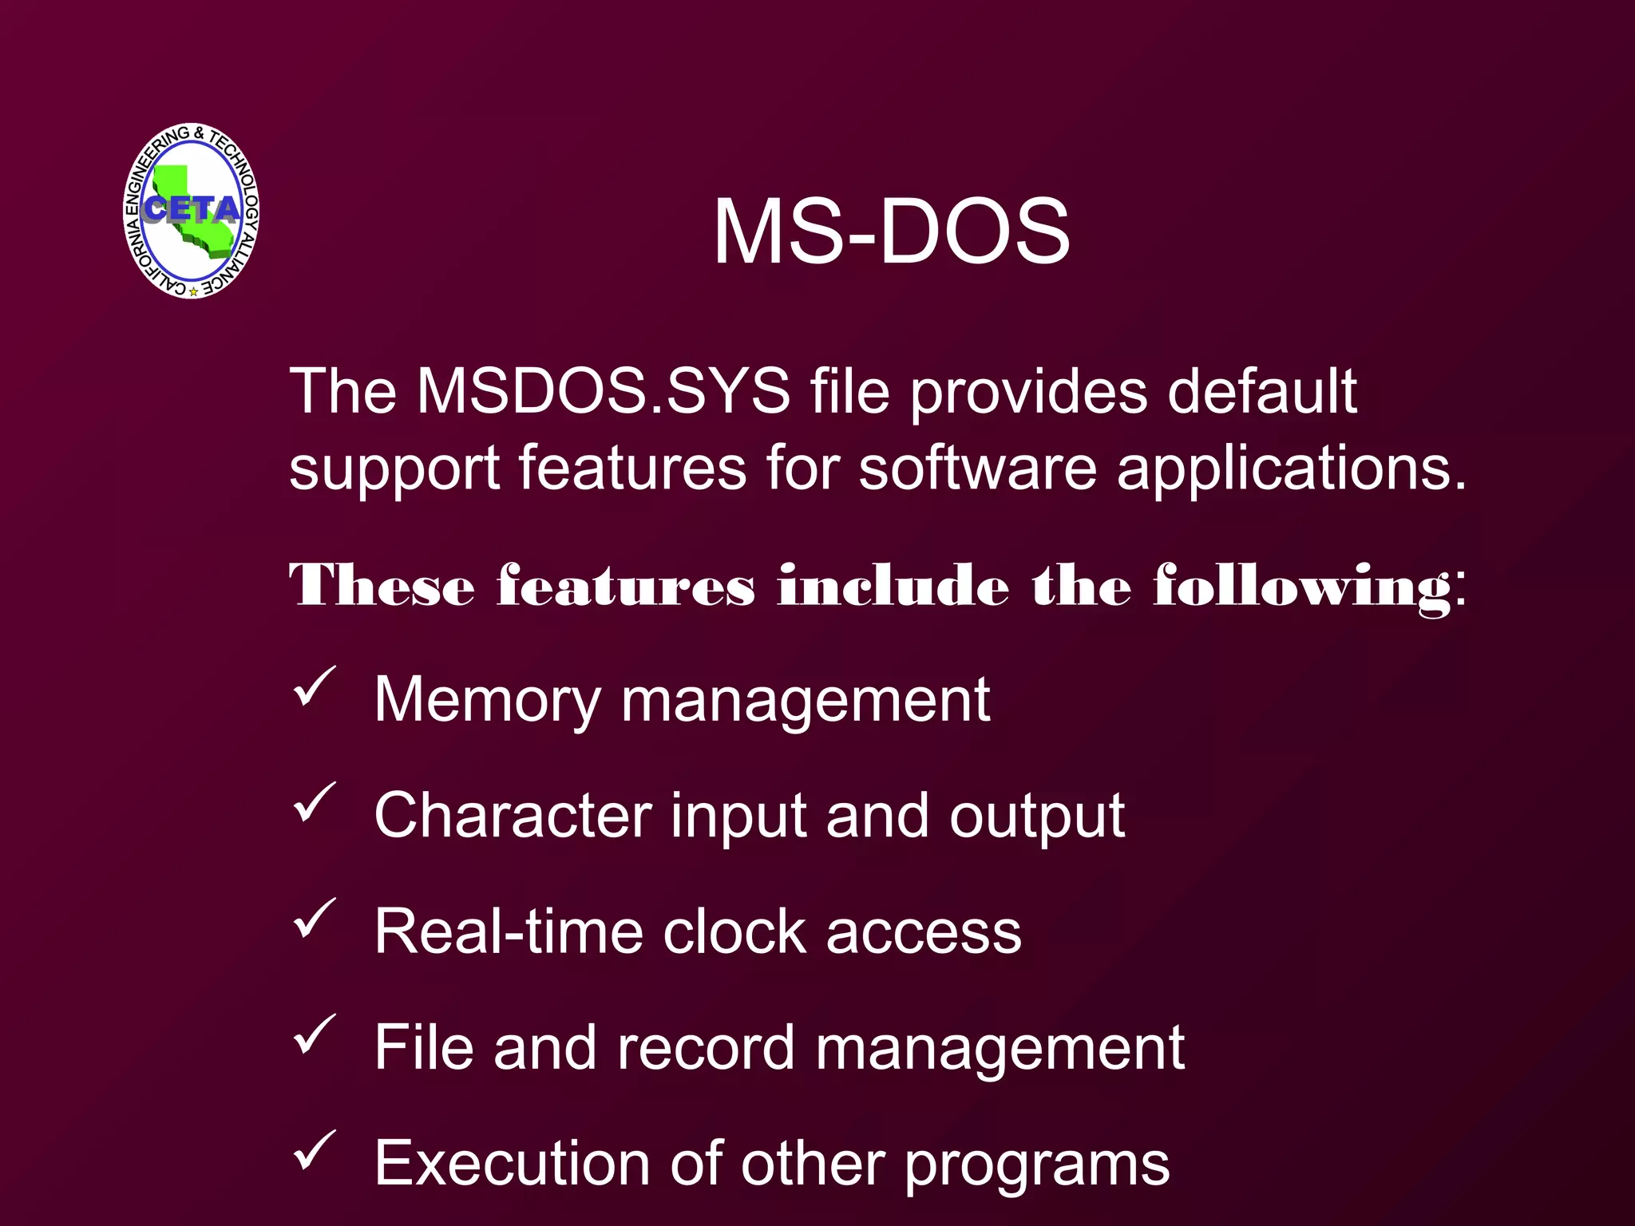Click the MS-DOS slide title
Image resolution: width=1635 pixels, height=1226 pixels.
[x=891, y=231]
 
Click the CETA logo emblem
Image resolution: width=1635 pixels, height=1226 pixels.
[x=192, y=212]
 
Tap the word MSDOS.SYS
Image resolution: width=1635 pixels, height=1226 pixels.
[x=604, y=391]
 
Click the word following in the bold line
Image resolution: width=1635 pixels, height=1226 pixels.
[x=1302, y=587]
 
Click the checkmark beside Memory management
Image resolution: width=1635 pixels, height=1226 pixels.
[x=315, y=686]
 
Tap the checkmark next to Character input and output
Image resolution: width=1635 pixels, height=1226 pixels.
[x=315, y=802]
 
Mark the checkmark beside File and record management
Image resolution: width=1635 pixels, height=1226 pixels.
[x=315, y=1034]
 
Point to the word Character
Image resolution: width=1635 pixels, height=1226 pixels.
[x=513, y=816]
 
